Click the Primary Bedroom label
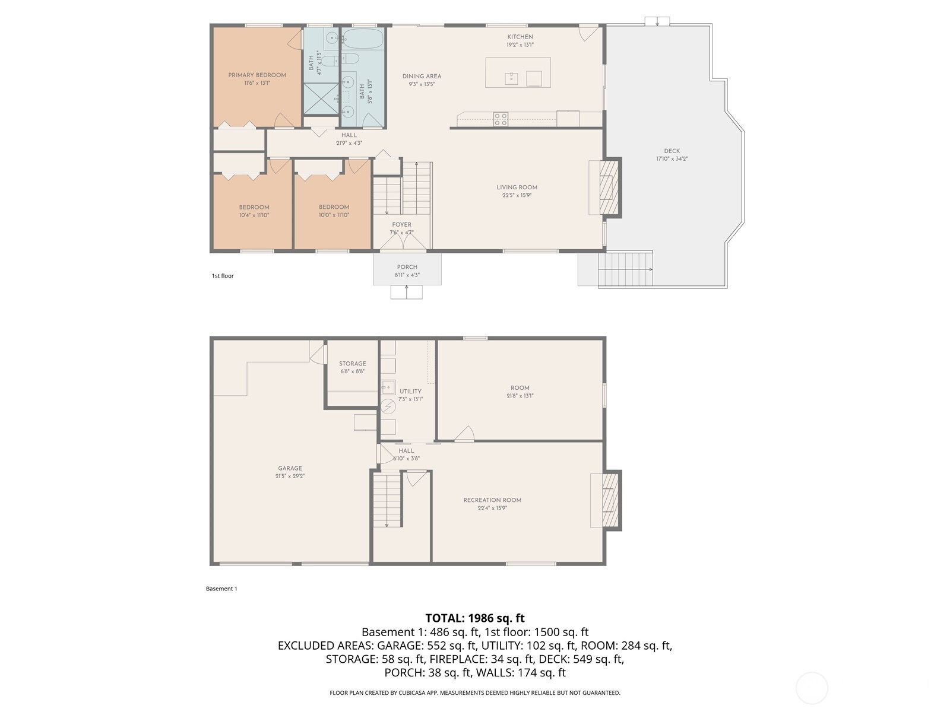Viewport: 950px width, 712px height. coord(257,75)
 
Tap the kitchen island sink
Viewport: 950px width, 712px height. coord(511,79)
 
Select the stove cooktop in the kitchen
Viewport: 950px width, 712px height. coord(501,119)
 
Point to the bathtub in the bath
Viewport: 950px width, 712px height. coord(363,39)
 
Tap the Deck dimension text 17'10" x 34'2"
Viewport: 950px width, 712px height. coord(672,158)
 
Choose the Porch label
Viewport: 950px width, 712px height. coord(407,267)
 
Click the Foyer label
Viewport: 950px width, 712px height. coord(401,225)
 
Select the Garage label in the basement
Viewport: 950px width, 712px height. coord(290,468)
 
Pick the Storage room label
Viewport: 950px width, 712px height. coord(352,364)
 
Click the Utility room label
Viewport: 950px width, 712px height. coord(410,391)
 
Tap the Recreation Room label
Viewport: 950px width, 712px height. coord(492,500)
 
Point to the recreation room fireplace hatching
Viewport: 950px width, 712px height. coord(610,500)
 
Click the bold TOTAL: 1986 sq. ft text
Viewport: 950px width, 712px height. coord(475,618)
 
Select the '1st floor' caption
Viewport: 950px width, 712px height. coord(223,276)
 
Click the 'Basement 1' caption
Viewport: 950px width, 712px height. coord(221,589)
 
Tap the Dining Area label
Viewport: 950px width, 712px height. coord(422,77)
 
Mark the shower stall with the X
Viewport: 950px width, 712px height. coord(321,98)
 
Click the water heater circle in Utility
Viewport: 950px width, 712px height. coord(388,406)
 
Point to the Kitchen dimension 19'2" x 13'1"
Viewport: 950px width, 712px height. coord(520,44)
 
